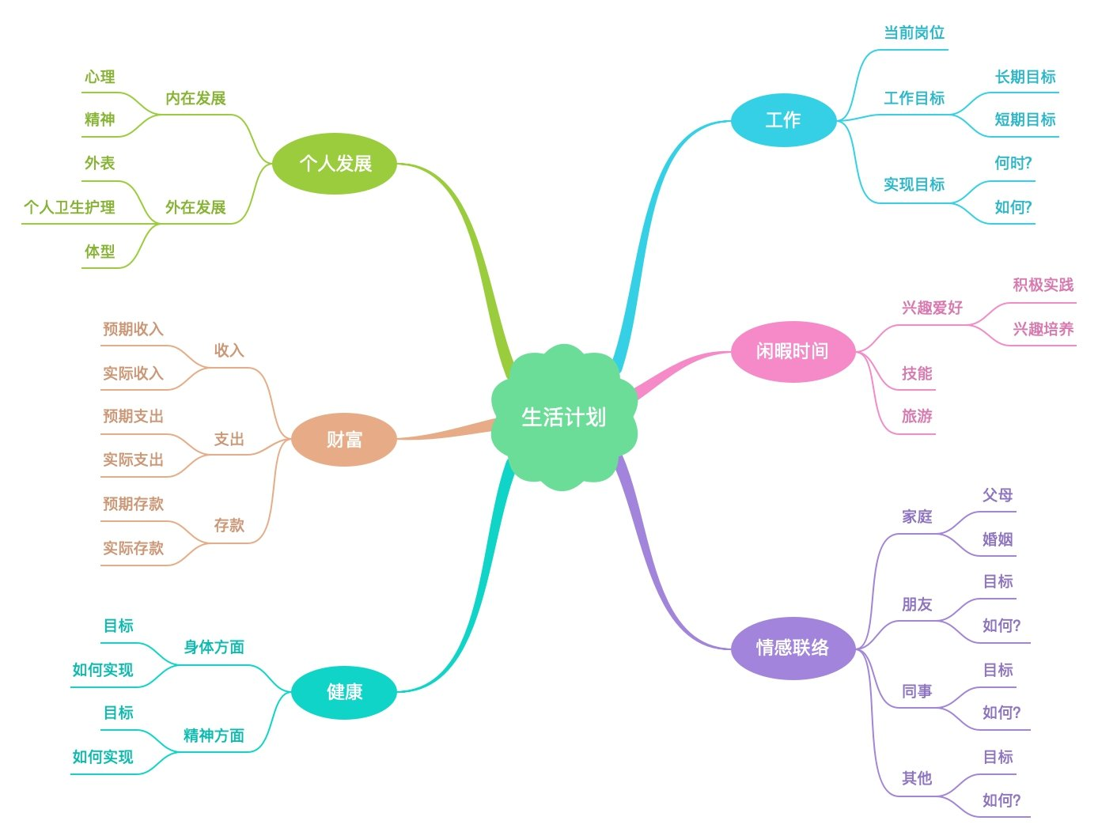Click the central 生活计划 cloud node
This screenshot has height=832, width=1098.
point(563,417)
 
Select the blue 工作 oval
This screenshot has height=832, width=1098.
point(783,120)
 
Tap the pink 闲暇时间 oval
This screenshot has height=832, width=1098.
point(793,351)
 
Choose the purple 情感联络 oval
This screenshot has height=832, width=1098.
point(793,648)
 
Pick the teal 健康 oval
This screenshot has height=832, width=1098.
point(344,692)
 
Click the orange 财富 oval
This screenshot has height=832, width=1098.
point(344,440)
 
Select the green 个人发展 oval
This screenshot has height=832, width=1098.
point(335,164)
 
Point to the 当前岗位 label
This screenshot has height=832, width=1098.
point(914,33)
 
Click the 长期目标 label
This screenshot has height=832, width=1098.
point(1025,77)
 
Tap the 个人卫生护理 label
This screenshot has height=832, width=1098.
point(70,207)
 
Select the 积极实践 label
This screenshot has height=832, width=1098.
point(1043,285)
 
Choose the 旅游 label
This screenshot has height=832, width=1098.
point(917,416)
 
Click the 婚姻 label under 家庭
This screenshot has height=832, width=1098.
point(997,539)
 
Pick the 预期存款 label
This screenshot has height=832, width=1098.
point(133,504)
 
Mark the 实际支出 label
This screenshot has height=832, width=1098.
point(133,459)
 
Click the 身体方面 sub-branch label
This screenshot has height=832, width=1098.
point(214,647)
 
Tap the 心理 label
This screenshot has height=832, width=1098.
point(100,77)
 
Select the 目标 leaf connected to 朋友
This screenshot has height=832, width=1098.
point(998,581)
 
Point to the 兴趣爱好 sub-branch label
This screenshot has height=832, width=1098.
point(932,308)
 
